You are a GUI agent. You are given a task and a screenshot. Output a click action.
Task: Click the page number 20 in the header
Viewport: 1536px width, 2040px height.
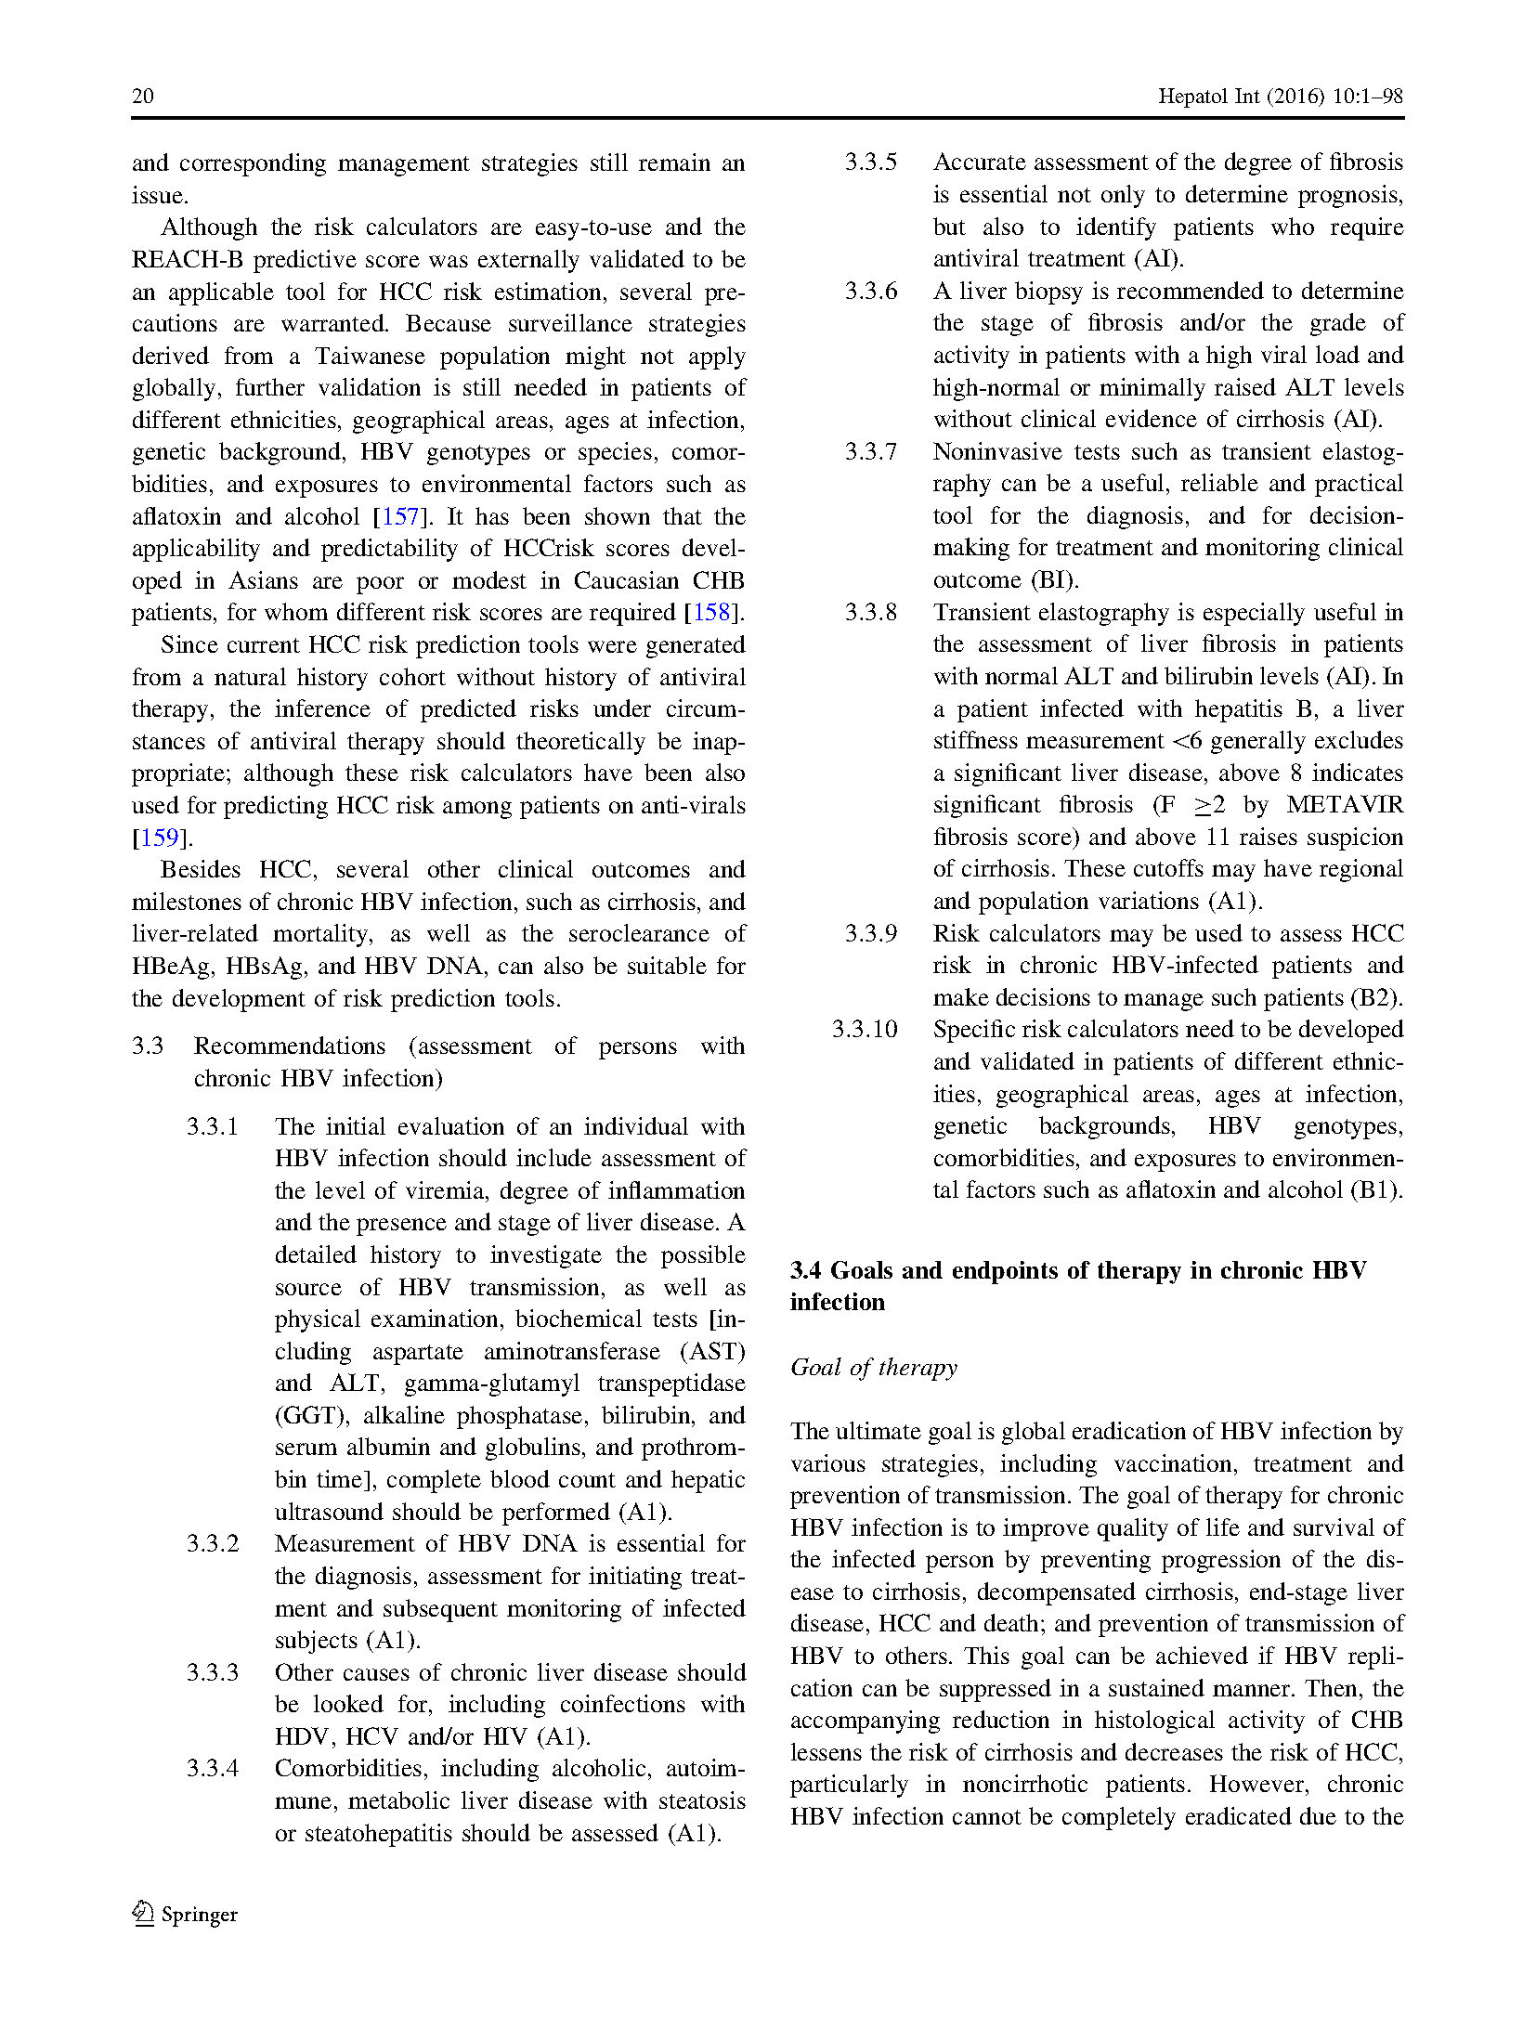pos(143,96)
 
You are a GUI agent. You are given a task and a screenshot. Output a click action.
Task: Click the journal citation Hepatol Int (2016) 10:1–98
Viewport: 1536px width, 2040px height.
pos(1280,96)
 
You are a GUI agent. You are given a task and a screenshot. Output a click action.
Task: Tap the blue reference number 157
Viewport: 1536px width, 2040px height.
pos(400,516)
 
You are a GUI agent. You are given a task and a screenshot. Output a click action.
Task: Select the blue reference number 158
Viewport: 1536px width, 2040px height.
pos(711,613)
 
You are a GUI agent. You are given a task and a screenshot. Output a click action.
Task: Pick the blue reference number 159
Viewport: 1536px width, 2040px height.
pos(159,838)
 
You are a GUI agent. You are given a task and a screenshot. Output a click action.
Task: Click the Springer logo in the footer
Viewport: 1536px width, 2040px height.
pos(186,1914)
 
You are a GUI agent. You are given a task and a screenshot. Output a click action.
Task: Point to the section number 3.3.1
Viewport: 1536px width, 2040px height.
pos(212,1126)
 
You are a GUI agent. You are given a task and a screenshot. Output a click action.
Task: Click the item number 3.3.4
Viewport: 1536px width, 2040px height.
pos(212,1768)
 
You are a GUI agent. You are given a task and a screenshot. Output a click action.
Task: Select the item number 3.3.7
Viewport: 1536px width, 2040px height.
pos(870,451)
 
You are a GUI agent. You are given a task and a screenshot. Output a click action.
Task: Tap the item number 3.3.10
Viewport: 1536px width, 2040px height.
pos(865,1029)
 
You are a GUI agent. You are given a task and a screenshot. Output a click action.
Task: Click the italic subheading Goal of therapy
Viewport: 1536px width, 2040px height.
pos(873,1367)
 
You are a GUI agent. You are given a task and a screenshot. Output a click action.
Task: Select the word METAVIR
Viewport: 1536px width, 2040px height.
pos(1344,804)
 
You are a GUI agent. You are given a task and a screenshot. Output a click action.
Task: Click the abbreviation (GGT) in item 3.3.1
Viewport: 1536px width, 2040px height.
pos(309,1415)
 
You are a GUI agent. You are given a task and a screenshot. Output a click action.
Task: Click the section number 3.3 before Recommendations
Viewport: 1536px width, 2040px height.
pos(148,1046)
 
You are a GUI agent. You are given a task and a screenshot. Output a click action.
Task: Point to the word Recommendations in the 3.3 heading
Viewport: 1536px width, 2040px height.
pos(289,1046)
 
